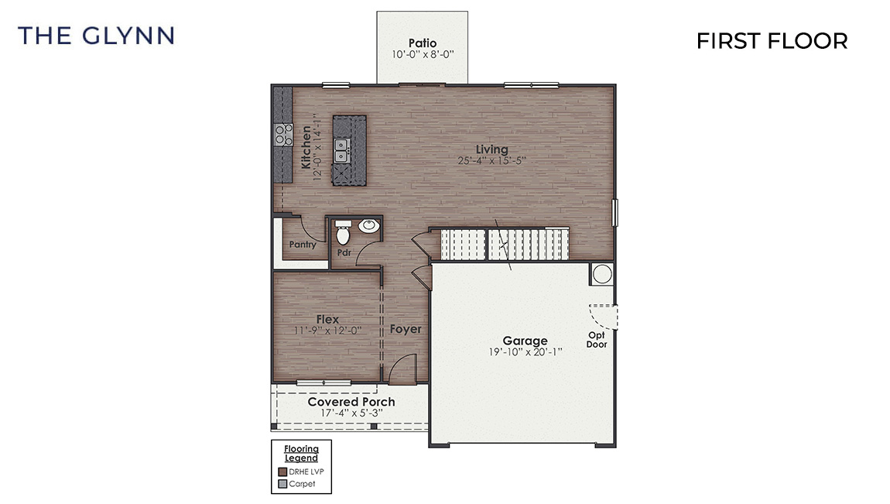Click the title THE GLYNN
(x=96, y=36)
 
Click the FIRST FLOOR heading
(x=772, y=41)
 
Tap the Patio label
(x=422, y=43)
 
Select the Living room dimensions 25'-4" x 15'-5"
(x=492, y=161)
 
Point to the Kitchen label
(x=306, y=147)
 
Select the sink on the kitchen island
(x=341, y=150)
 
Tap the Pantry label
(x=302, y=245)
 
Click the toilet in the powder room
(x=343, y=229)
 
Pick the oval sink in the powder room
(x=368, y=226)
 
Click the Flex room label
(x=327, y=319)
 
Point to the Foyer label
(x=406, y=329)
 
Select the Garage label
(x=525, y=340)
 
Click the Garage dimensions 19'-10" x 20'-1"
(x=525, y=352)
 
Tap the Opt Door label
(x=596, y=340)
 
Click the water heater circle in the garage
(x=601, y=273)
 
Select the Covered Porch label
(x=351, y=402)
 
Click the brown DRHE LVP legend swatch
(x=282, y=471)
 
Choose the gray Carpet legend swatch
(x=282, y=485)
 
